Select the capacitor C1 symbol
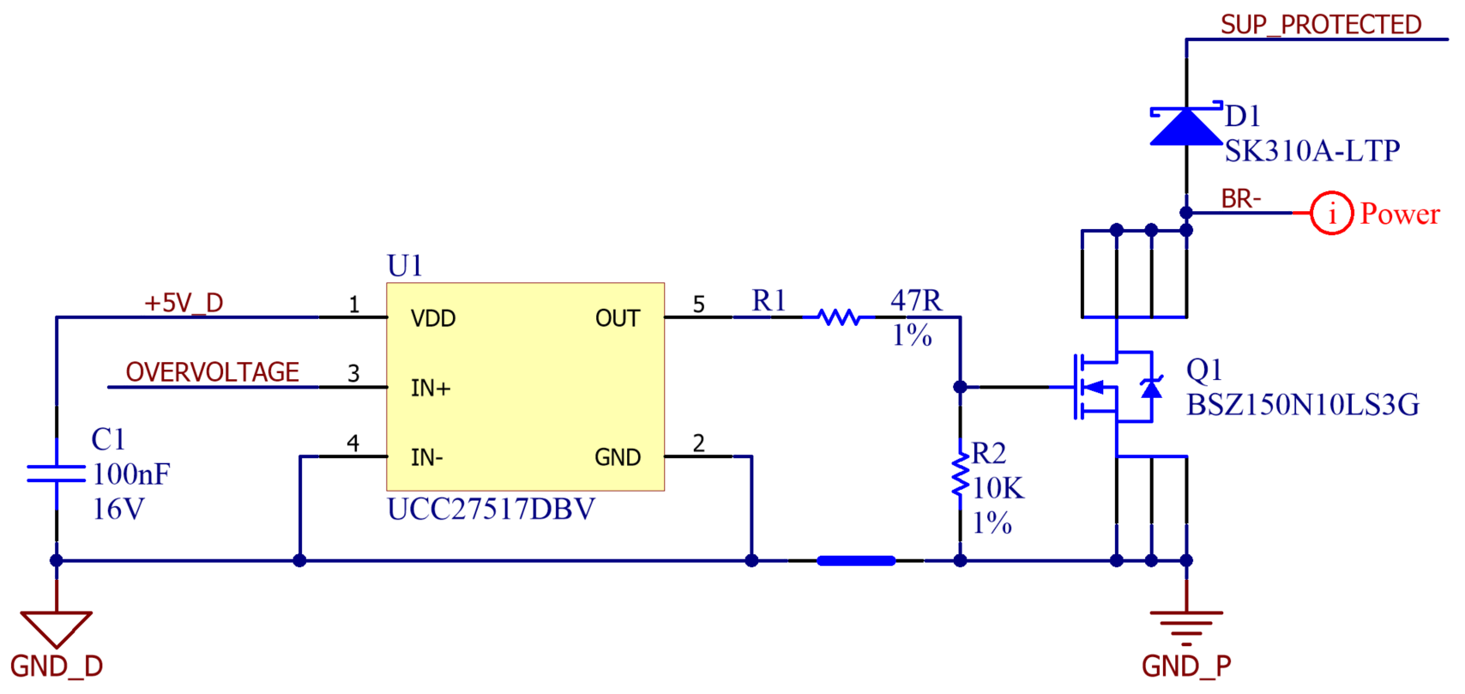click(57, 474)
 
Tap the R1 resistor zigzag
click(839, 317)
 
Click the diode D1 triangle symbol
click(1186, 126)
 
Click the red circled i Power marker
click(1331, 213)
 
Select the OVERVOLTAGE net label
click(213, 372)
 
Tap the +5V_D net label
click(184, 303)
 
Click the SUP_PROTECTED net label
click(1321, 25)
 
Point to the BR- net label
click(1241, 199)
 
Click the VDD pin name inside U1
click(433, 318)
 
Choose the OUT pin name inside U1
click(618, 318)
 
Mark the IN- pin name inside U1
click(427, 457)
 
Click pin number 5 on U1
click(699, 305)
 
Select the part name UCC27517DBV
click(491, 510)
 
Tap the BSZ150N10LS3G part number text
click(1302, 405)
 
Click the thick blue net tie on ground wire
click(856, 561)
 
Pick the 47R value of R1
click(916, 300)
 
